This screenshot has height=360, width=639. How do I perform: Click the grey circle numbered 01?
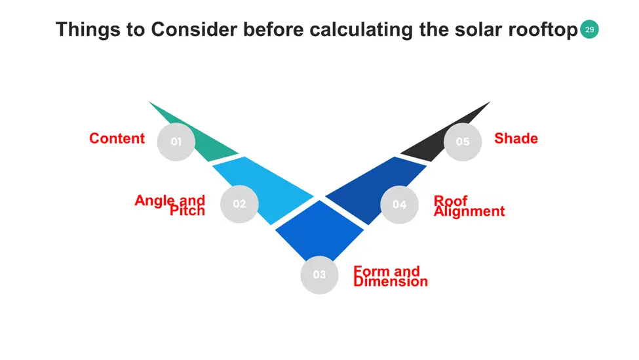pos(176,142)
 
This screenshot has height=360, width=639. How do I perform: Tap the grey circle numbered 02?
pos(239,204)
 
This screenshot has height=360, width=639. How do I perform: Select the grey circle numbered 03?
pos(320,275)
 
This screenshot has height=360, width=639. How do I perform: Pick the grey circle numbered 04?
pos(399,204)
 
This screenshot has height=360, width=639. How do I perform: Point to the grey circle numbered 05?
pos(463,142)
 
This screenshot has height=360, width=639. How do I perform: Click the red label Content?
pos(117,138)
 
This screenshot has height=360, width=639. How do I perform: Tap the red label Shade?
pos(516,138)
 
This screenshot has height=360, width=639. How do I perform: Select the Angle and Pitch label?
pos(170,205)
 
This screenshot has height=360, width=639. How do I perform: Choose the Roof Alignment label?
pos(469,206)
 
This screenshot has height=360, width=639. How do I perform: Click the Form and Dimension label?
pos(391,276)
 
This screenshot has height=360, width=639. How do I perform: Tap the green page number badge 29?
pos(589,30)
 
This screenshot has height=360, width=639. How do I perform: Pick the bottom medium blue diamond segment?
pos(320,230)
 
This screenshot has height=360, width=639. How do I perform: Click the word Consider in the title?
pos(194,30)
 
